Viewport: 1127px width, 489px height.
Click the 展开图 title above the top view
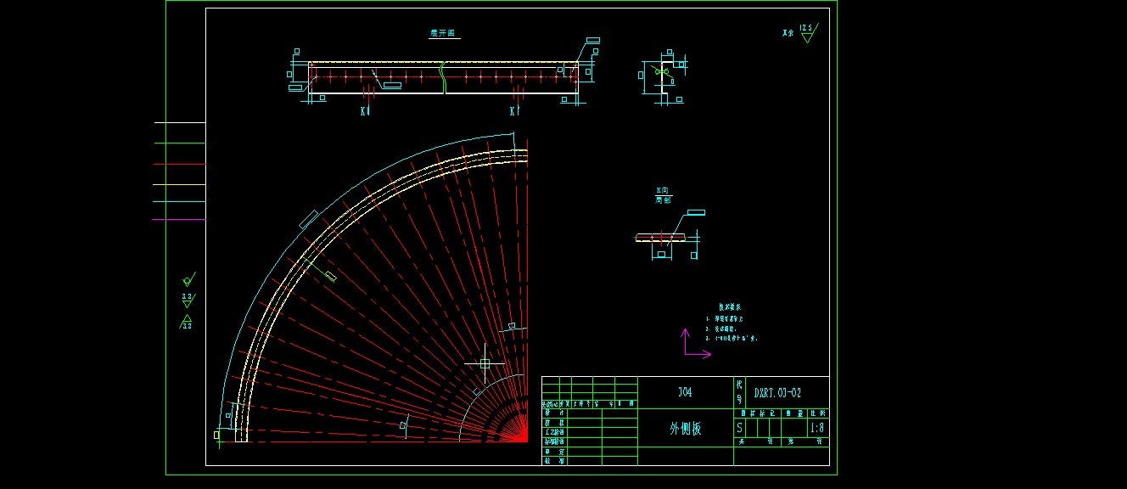point(444,34)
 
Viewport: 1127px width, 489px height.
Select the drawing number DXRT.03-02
point(777,393)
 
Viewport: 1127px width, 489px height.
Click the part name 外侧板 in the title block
point(686,429)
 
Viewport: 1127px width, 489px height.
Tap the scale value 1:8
point(817,429)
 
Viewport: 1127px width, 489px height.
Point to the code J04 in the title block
point(685,392)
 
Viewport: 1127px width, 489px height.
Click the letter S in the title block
point(739,429)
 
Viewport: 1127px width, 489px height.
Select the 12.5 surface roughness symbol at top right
point(806,33)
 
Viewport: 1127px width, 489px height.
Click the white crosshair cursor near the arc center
point(485,363)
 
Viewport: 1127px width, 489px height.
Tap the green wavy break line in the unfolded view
point(442,76)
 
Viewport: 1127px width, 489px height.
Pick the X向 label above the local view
point(662,191)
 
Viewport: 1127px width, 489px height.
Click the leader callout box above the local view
point(695,212)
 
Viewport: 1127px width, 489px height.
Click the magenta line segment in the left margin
point(179,220)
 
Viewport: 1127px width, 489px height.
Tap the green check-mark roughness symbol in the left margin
point(188,279)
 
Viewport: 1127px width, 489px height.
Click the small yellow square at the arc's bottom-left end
point(216,435)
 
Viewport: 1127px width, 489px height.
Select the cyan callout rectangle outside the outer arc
point(308,220)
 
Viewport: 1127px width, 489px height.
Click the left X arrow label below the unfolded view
point(365,111)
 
